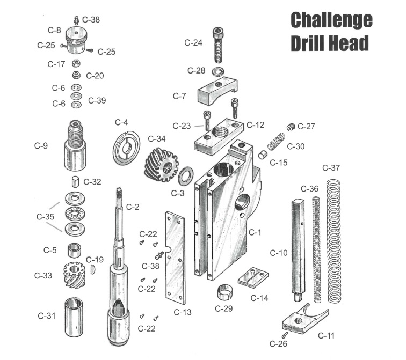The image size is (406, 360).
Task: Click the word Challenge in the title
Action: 331,20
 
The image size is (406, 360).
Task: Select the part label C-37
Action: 331,168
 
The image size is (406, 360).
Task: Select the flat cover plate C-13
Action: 175,258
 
